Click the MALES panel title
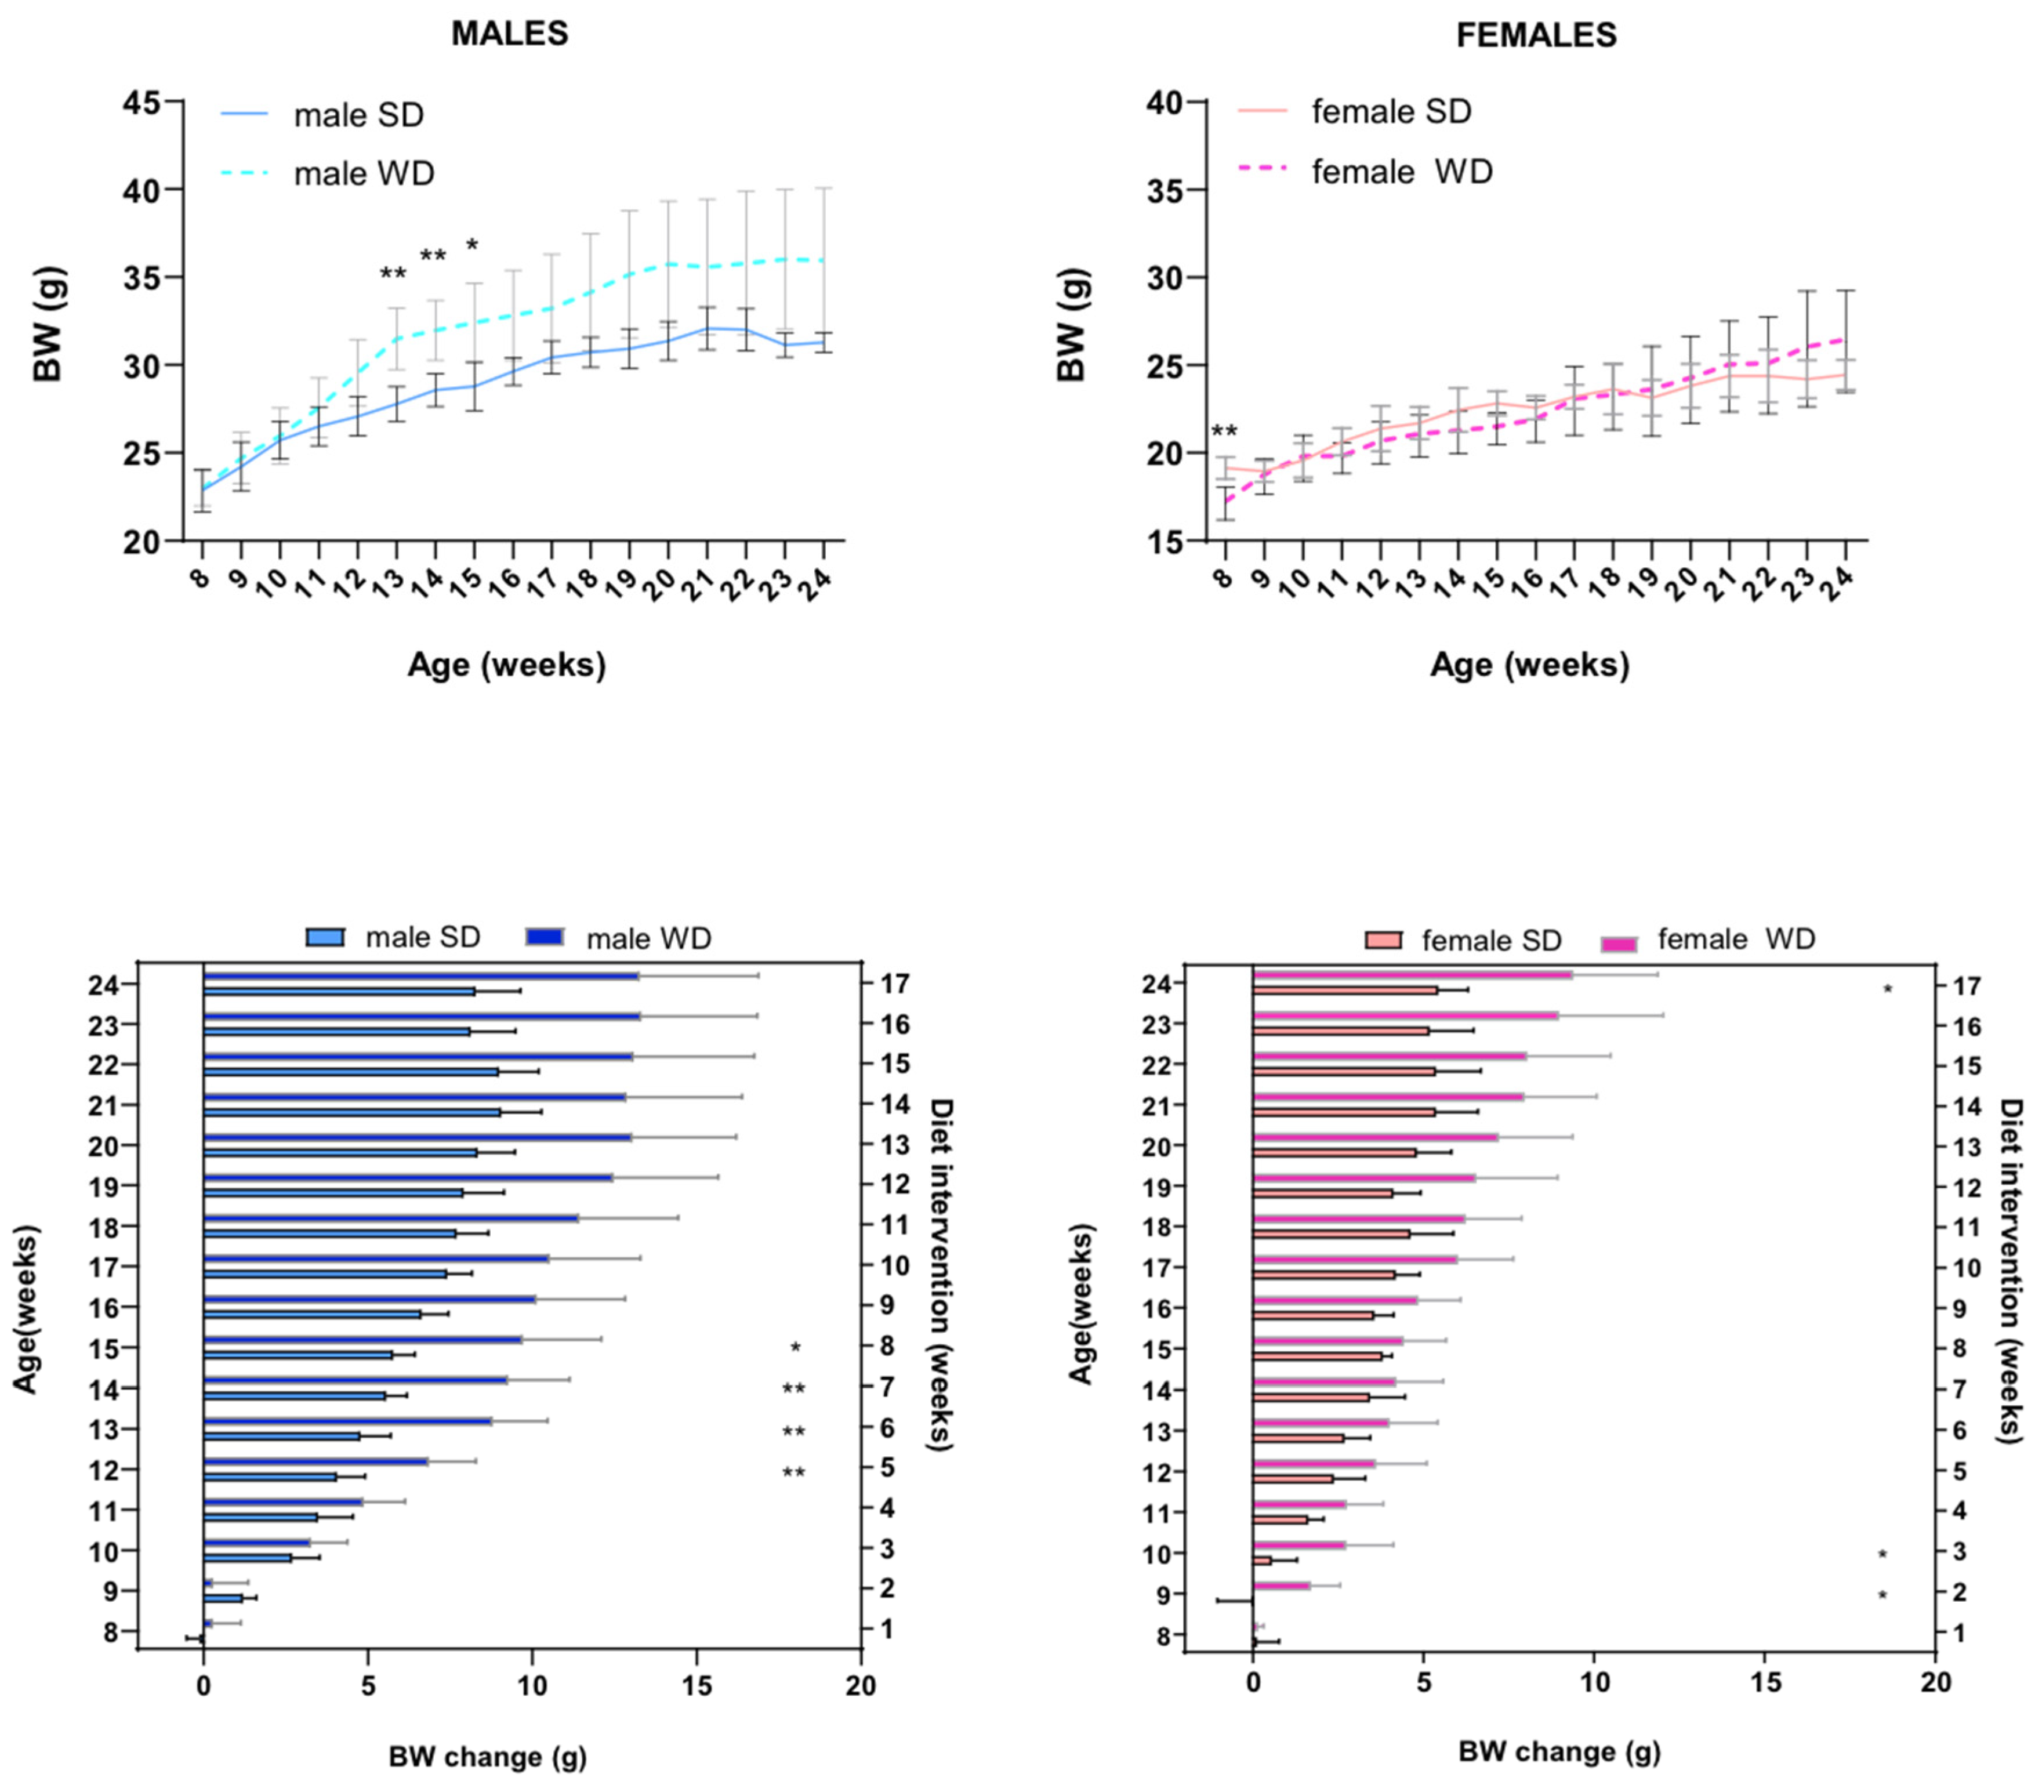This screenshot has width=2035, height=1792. (x=510, y=34)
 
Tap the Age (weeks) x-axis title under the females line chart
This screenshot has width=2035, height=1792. (x=1530, y=665)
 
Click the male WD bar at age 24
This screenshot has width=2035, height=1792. (x=420, y=977)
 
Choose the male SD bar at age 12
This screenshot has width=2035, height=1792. (x=270, y=1477)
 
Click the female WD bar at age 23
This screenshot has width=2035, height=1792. (x=1405, y=1015)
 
